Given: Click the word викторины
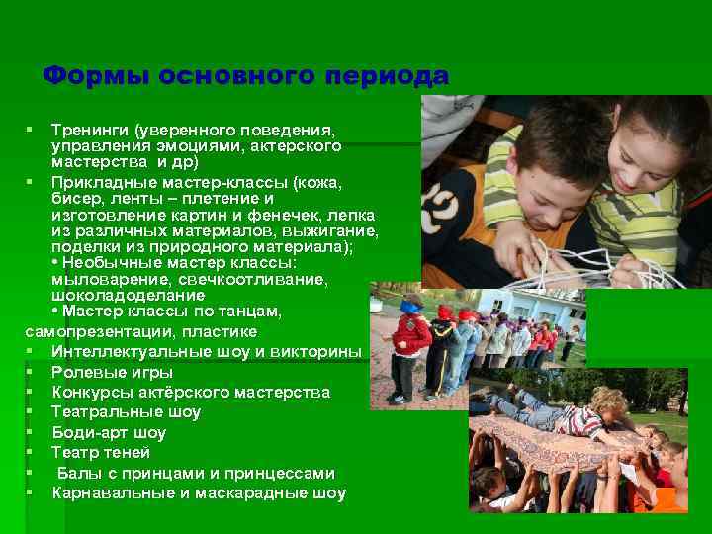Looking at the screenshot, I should [315, 351].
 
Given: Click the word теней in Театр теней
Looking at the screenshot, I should [130, 453].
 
